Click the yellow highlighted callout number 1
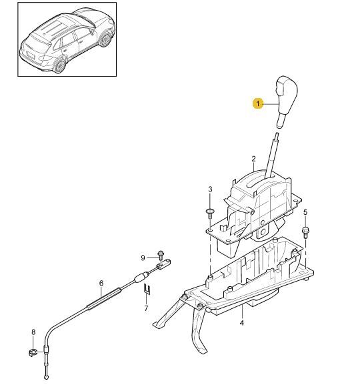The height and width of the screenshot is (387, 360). [x=258, y=103]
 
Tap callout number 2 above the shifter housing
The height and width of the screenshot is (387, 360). [x=254, y=159]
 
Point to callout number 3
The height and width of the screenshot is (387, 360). [x=210, y=189]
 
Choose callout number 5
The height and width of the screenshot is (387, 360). [x=305, y=212]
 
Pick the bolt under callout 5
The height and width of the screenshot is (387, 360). [x=305, y=232]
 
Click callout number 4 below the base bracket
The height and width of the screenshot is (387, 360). [x=241, y=322]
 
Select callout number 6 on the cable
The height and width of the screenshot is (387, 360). [x=101, y=283]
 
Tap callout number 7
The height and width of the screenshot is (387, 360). [x=146, y=308]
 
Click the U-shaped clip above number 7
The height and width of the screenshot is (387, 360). [x=147, y=288]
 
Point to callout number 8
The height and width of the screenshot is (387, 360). [x=33, y=332]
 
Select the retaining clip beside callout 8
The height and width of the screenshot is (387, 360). [x=32, y=352]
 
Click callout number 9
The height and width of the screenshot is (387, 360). [x=143, y=258]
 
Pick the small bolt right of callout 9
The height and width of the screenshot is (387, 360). [x=161, y=255]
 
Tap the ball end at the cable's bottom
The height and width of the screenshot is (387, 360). [x=47, y=377]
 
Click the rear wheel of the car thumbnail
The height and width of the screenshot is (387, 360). [x=60, y=65]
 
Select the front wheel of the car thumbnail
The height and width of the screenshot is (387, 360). [x=106, y=39]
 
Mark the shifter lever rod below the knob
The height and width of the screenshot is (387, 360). [x=272, y=155]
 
